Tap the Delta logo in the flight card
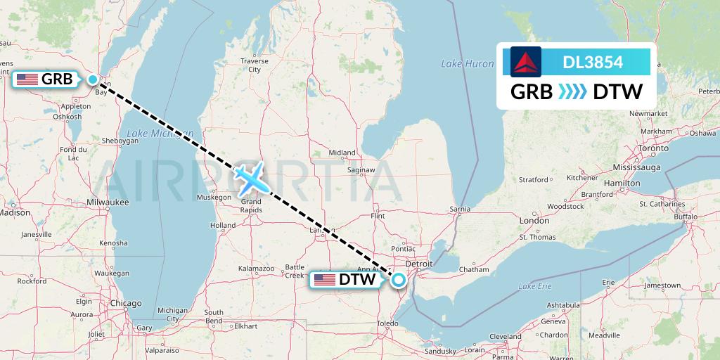click(x=526, y=62)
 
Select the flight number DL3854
click(x=593, y=63)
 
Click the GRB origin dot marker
click(x=94, y=79)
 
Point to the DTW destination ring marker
click(x=399, y=280)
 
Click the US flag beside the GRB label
click(x=27, y=79)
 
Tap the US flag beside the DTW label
click(x=325, y=280)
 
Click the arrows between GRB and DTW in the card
click(x=572, y=92)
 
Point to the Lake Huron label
click(x=468, y=64)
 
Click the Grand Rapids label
click(x=251, y=206)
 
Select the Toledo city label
click(x=386, y=323)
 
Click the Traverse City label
click(x=254, y=65)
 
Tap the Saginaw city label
click(x=360, y=170)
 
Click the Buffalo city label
click(x=684, y=217)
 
